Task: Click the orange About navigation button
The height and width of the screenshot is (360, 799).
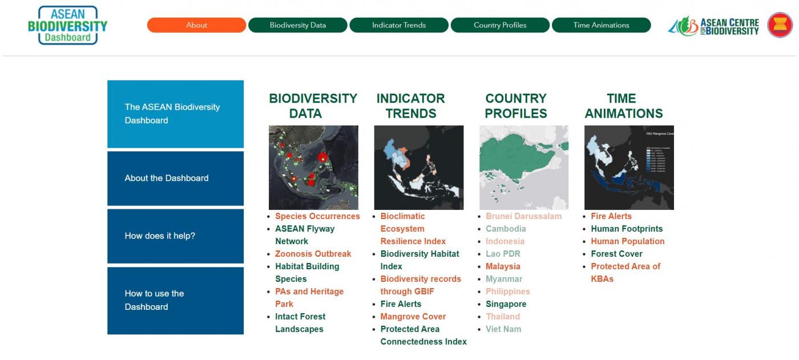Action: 196,25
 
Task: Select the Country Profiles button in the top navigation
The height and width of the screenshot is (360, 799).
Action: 500,25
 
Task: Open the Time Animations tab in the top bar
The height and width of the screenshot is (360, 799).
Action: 601,25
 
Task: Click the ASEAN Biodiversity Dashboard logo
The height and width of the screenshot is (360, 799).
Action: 68,26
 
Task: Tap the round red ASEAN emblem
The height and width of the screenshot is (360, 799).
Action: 780,26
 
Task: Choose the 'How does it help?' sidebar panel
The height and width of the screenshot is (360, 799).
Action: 175,236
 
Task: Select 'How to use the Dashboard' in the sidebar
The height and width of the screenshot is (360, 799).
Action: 175,300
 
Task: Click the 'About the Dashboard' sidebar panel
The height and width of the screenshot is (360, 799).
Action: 175,178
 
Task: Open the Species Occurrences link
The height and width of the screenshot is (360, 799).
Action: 317,216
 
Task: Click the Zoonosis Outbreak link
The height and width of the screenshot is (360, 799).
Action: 313,254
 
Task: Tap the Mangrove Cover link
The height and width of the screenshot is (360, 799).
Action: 413,317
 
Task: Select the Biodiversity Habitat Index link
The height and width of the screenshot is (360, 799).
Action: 419,260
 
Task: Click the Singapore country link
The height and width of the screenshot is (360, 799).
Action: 506,304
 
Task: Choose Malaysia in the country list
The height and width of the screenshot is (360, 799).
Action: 503,266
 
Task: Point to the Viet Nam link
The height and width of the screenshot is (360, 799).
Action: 503,329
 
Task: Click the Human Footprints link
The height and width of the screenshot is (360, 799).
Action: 627,229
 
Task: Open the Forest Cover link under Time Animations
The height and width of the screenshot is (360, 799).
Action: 616,254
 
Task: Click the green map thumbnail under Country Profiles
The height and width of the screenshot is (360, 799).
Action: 523,168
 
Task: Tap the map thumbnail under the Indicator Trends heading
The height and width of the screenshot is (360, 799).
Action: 418,168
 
